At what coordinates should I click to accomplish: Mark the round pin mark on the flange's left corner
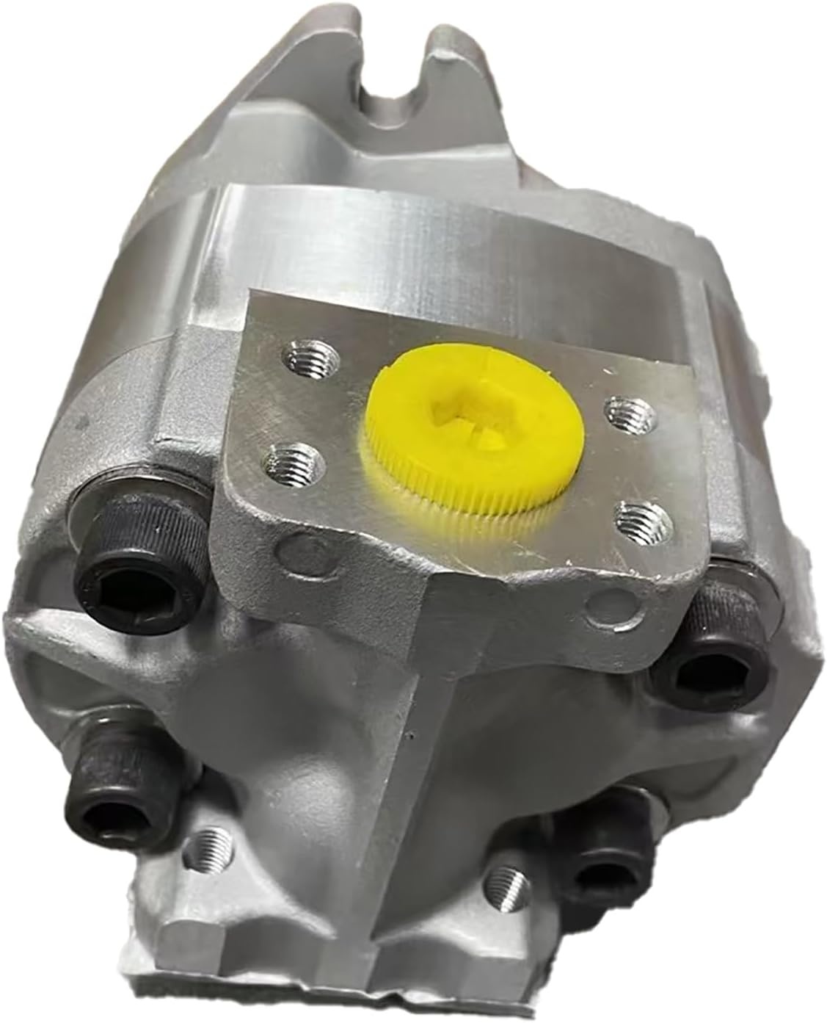[290, 548]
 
